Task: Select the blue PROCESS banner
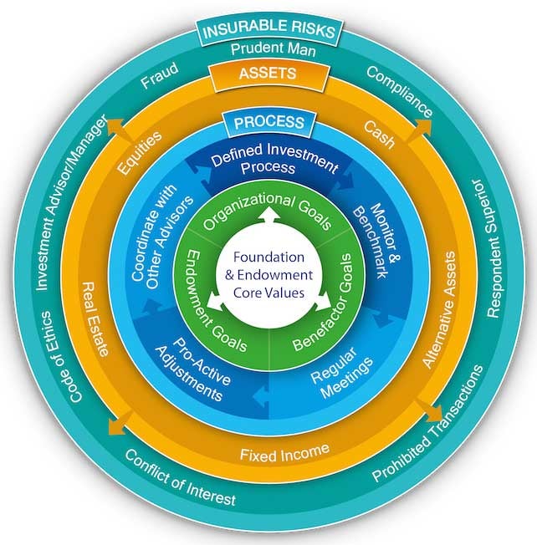point(268,122)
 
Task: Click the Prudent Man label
point(268,52)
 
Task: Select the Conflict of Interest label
point(180,479)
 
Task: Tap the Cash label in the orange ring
point(379,136)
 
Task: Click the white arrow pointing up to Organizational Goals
point(268,216)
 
